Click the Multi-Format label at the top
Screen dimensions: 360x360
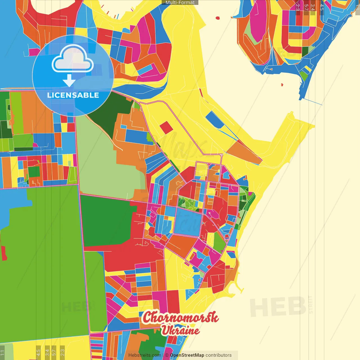(x=180, y=3)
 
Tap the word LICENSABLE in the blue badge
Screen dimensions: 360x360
(x=73, y=95)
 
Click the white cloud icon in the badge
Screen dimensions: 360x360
(x=73, y=59)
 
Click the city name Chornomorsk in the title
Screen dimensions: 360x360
(x=180, y=318)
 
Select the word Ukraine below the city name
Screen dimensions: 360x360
(x=180, y=330)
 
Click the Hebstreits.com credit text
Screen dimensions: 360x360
(x=145, y=355)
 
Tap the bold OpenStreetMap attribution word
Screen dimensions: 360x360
(x=187, y=355)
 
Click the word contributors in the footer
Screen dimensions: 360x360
(x=219, y=355)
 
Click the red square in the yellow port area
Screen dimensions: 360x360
(x=166, y=127)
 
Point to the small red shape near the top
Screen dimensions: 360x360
(x=217, y=18)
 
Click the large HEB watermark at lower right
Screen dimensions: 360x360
(x=278, y=307)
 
